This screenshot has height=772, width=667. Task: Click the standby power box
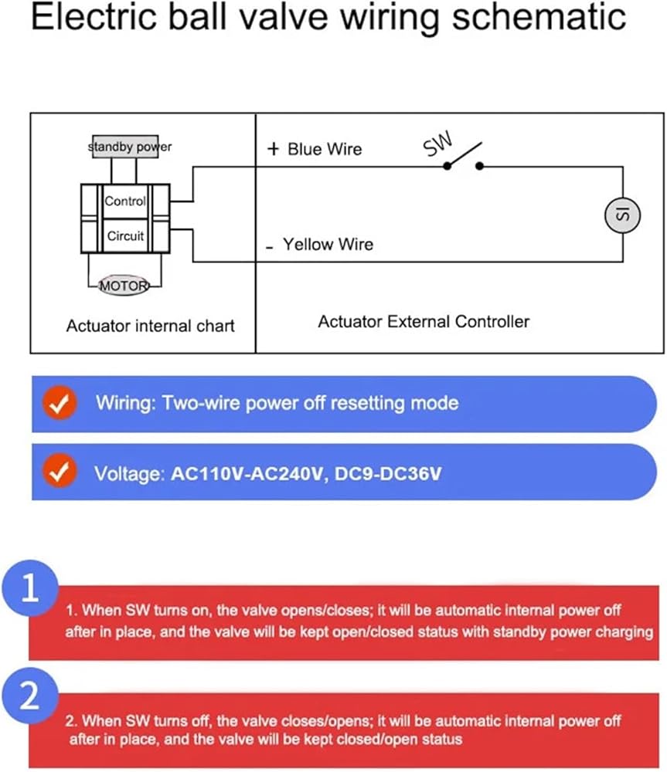125,146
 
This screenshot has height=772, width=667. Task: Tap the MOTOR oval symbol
124,285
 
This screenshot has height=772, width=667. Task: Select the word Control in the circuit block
125,201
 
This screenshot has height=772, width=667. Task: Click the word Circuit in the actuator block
125,235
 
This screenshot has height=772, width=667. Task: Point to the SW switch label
437,144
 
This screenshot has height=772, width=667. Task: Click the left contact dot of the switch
448,167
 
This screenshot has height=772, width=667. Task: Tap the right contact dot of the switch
479,167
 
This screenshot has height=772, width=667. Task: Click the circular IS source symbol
623,215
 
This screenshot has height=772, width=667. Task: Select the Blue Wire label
325,149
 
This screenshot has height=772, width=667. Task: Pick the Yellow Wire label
328,244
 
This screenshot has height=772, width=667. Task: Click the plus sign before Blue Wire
273,149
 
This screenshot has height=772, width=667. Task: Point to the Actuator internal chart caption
151,326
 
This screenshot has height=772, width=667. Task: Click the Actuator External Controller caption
424,321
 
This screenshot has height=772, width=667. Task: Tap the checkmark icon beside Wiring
60,403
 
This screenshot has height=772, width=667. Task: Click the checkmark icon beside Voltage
60,472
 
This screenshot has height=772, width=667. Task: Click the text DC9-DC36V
388,474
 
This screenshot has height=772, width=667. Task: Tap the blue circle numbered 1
30,588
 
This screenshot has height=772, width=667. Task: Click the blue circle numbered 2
30,696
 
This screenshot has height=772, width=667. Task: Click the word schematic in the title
539,17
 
